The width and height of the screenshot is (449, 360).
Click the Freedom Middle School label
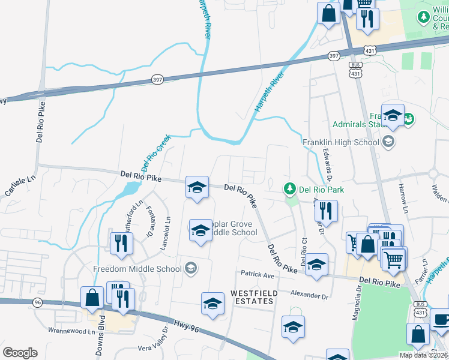coord(137,268)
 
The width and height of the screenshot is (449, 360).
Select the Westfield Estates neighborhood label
coord(252,296)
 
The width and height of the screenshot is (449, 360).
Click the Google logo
coord(20,353)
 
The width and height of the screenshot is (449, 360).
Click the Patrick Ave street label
coord(257,275)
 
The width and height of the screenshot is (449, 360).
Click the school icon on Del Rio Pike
coord(197,187)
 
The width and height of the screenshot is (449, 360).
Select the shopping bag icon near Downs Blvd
coord(92,297)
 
